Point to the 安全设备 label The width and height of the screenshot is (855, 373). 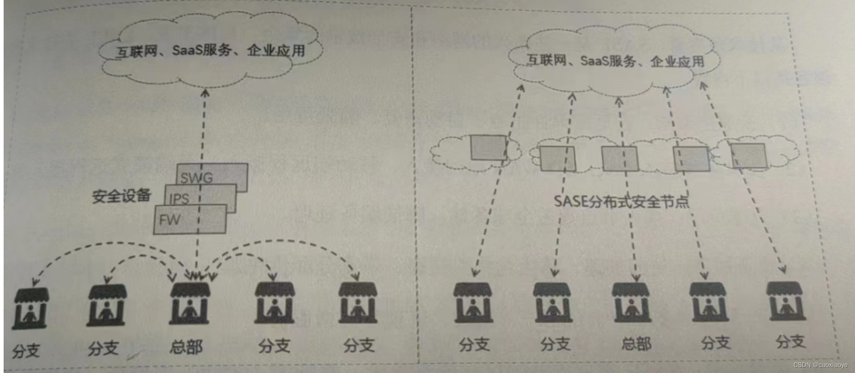pyautogui.click(x=121, y=196)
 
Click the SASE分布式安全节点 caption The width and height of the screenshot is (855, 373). pyautogui.click(x=621, y=201)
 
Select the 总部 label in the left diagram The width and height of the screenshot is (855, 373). pyautogui.click(x=186, y=347)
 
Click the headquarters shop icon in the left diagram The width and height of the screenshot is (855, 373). pyautogui.click(x=190, y=303)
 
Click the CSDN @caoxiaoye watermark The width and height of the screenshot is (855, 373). pyautogui.click(x=820, y=365)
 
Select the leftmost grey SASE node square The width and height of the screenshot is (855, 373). pyautogui.click(x=488, y=147)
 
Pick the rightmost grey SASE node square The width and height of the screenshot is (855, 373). pyautogui.click(x=748, y=156)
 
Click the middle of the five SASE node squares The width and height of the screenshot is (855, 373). pyautogui.click(x=620, y=158)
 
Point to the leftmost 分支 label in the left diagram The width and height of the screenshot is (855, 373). pyautogui.click(x=26, y=351)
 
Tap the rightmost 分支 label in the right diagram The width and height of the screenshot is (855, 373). pyautogui.click(x=790, y=341)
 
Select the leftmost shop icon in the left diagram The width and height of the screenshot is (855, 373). pyautogui.click(x=30, y=308)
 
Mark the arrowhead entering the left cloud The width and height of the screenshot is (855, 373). pyautogui.click(x=205, y=93)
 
